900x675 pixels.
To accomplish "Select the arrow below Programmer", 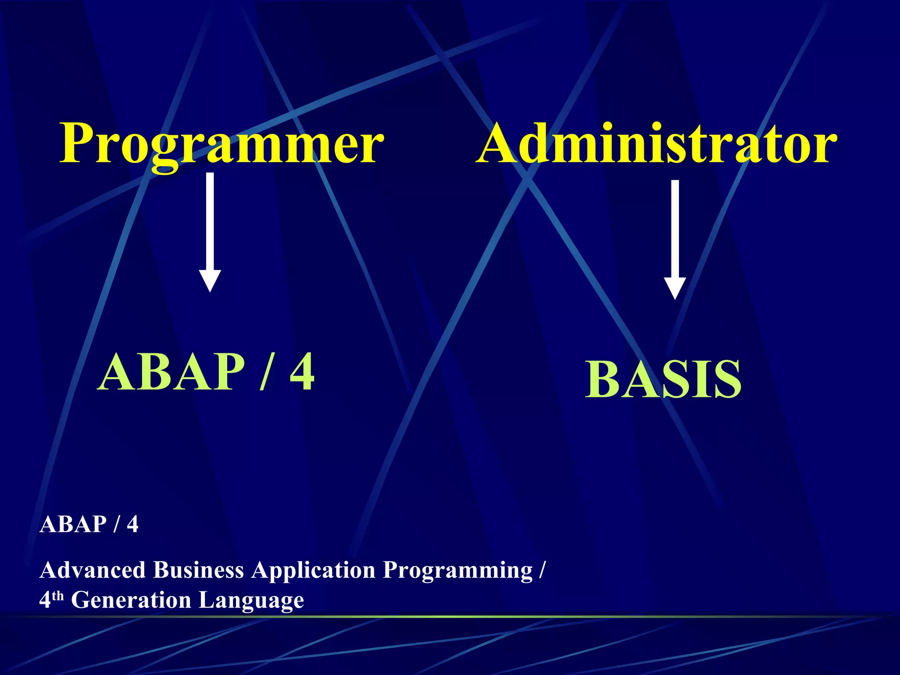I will point(210,229).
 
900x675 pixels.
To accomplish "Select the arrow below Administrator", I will point(675,237).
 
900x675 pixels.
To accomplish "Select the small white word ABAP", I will point(73,524).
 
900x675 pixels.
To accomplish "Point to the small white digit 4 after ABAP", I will point(132,524).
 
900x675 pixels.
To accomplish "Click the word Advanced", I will point(92,570).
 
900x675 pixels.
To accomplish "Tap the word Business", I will point(198,570).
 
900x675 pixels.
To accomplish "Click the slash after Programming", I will point(542,570).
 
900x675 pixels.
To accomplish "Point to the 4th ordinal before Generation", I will point(51,599).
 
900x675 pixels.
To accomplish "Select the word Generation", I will point(131,600).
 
